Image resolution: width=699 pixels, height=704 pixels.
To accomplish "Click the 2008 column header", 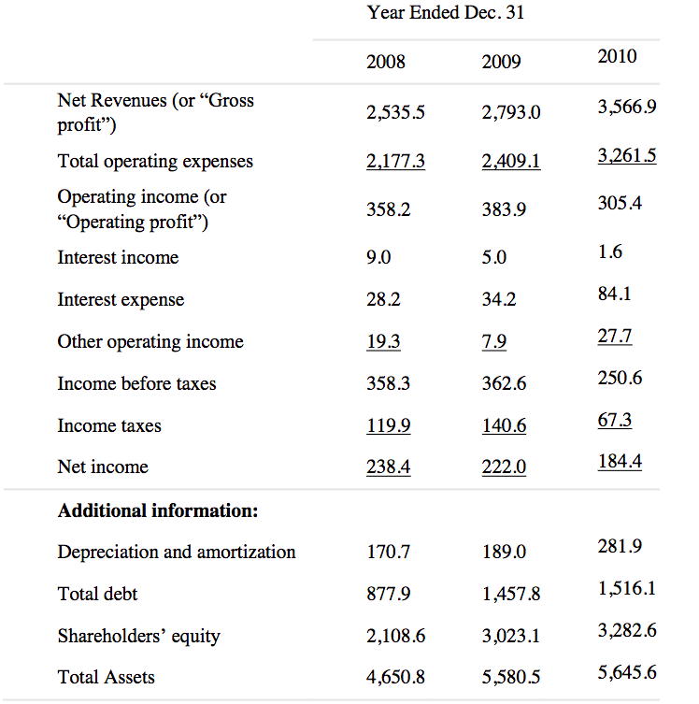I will click(x=386, y=62).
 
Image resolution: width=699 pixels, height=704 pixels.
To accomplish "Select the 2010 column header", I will click(x=617, y=56).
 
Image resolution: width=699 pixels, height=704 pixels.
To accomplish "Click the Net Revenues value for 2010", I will click(x=626, y=107).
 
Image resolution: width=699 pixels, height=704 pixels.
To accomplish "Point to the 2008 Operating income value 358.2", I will click(x=388, y=210).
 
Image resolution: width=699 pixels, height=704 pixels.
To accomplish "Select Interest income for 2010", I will click(x=610, y=251).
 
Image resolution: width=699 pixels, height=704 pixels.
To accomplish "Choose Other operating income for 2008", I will click(x=383, y=341).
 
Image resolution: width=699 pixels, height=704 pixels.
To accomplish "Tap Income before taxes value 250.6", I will click(x=620, y=378).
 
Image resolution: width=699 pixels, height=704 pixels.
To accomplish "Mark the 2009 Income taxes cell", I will click(x=504, y=425).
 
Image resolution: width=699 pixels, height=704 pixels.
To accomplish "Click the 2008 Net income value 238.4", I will click(x=388, y=467).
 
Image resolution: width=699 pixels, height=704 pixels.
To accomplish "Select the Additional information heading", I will click(x=158, y=510).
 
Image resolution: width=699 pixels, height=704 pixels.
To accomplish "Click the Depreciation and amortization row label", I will click(x=177, y=552).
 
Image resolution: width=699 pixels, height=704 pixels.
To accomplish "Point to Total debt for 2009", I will click(x=511, y=594).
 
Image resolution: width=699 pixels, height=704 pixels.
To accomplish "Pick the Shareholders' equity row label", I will click(x=139, y=636).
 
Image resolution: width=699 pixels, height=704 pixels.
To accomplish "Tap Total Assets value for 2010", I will click(x=626, y=671).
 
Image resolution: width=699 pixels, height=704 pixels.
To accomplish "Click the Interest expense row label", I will click(x=121, y=299).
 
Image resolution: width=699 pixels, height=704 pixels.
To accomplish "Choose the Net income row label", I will click(x=103, y=467).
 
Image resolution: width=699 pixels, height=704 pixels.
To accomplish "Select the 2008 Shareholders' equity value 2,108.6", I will click(x=396, y=636).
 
